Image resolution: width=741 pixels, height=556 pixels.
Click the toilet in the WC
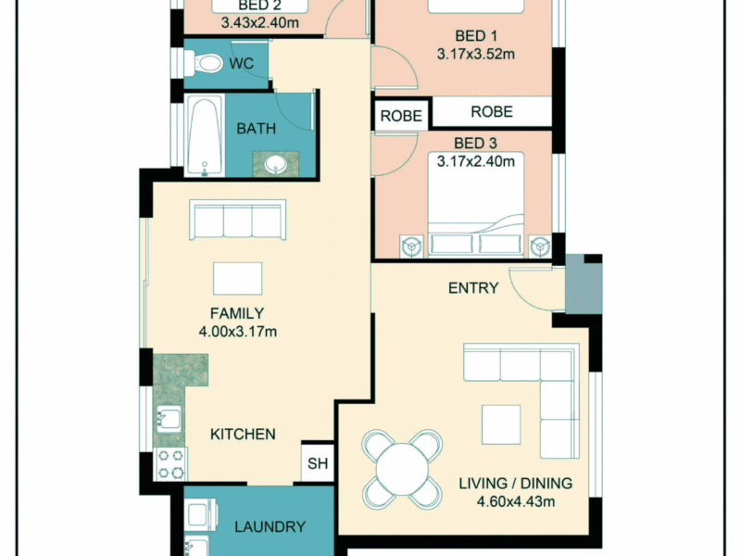(x=203, y=63)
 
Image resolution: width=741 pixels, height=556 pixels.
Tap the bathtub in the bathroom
(x=205, y=135)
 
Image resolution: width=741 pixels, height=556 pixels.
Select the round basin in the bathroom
(x=275, y=165)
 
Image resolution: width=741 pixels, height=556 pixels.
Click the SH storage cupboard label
(x=318, y=463)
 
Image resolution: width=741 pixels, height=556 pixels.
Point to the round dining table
(x=402, y=469)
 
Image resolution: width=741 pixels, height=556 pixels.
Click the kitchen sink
(x=169, y=419)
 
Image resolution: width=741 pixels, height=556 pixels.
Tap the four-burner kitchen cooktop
(x=170, y=464)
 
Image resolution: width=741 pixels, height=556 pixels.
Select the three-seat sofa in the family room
(x=237, y=220)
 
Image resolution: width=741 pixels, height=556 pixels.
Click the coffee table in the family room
(x=237, y=279)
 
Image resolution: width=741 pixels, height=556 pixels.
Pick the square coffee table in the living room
(x=501, y=424)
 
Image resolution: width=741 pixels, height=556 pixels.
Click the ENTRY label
(x=473, y=288)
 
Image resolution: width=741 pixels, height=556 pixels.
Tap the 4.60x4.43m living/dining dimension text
(x=516, y=501)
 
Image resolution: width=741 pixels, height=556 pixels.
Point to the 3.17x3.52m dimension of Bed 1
(x=476, y=55)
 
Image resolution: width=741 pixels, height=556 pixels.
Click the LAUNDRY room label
(x=270, y=526)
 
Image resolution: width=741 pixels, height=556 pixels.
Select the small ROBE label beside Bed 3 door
(x=401, y=116)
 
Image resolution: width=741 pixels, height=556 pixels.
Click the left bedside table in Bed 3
(x=411, y=246)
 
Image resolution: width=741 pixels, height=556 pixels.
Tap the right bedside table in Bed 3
(x=540, y=246)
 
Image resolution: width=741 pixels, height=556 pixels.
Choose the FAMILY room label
(x=237, y=313)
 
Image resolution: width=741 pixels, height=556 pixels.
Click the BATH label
(x=257, y=129)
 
